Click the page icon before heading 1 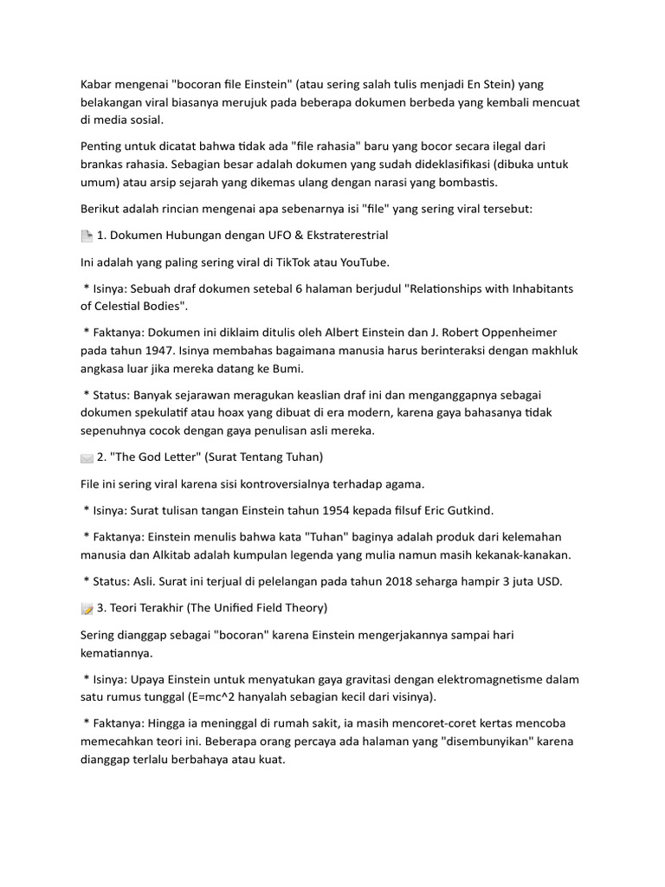point(86,236)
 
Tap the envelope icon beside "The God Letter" point(86,456)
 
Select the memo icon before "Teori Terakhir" point(86,608)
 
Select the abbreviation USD point(548,581)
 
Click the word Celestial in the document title point(109,306)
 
